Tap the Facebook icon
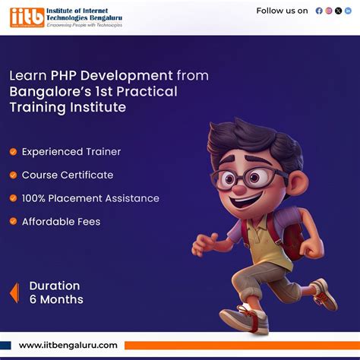coord(319,11)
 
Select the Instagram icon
coord(329,11)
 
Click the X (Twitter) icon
coord(339,11)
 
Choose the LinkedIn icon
coord(349,11)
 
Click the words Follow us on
coord(282,11)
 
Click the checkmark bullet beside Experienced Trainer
coord(13,152)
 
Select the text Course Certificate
coord(68,175)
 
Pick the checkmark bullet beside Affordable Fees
coord(13,222)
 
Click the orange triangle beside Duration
coord(14,292)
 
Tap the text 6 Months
coord(56,300)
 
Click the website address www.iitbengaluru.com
coord(68,346)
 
